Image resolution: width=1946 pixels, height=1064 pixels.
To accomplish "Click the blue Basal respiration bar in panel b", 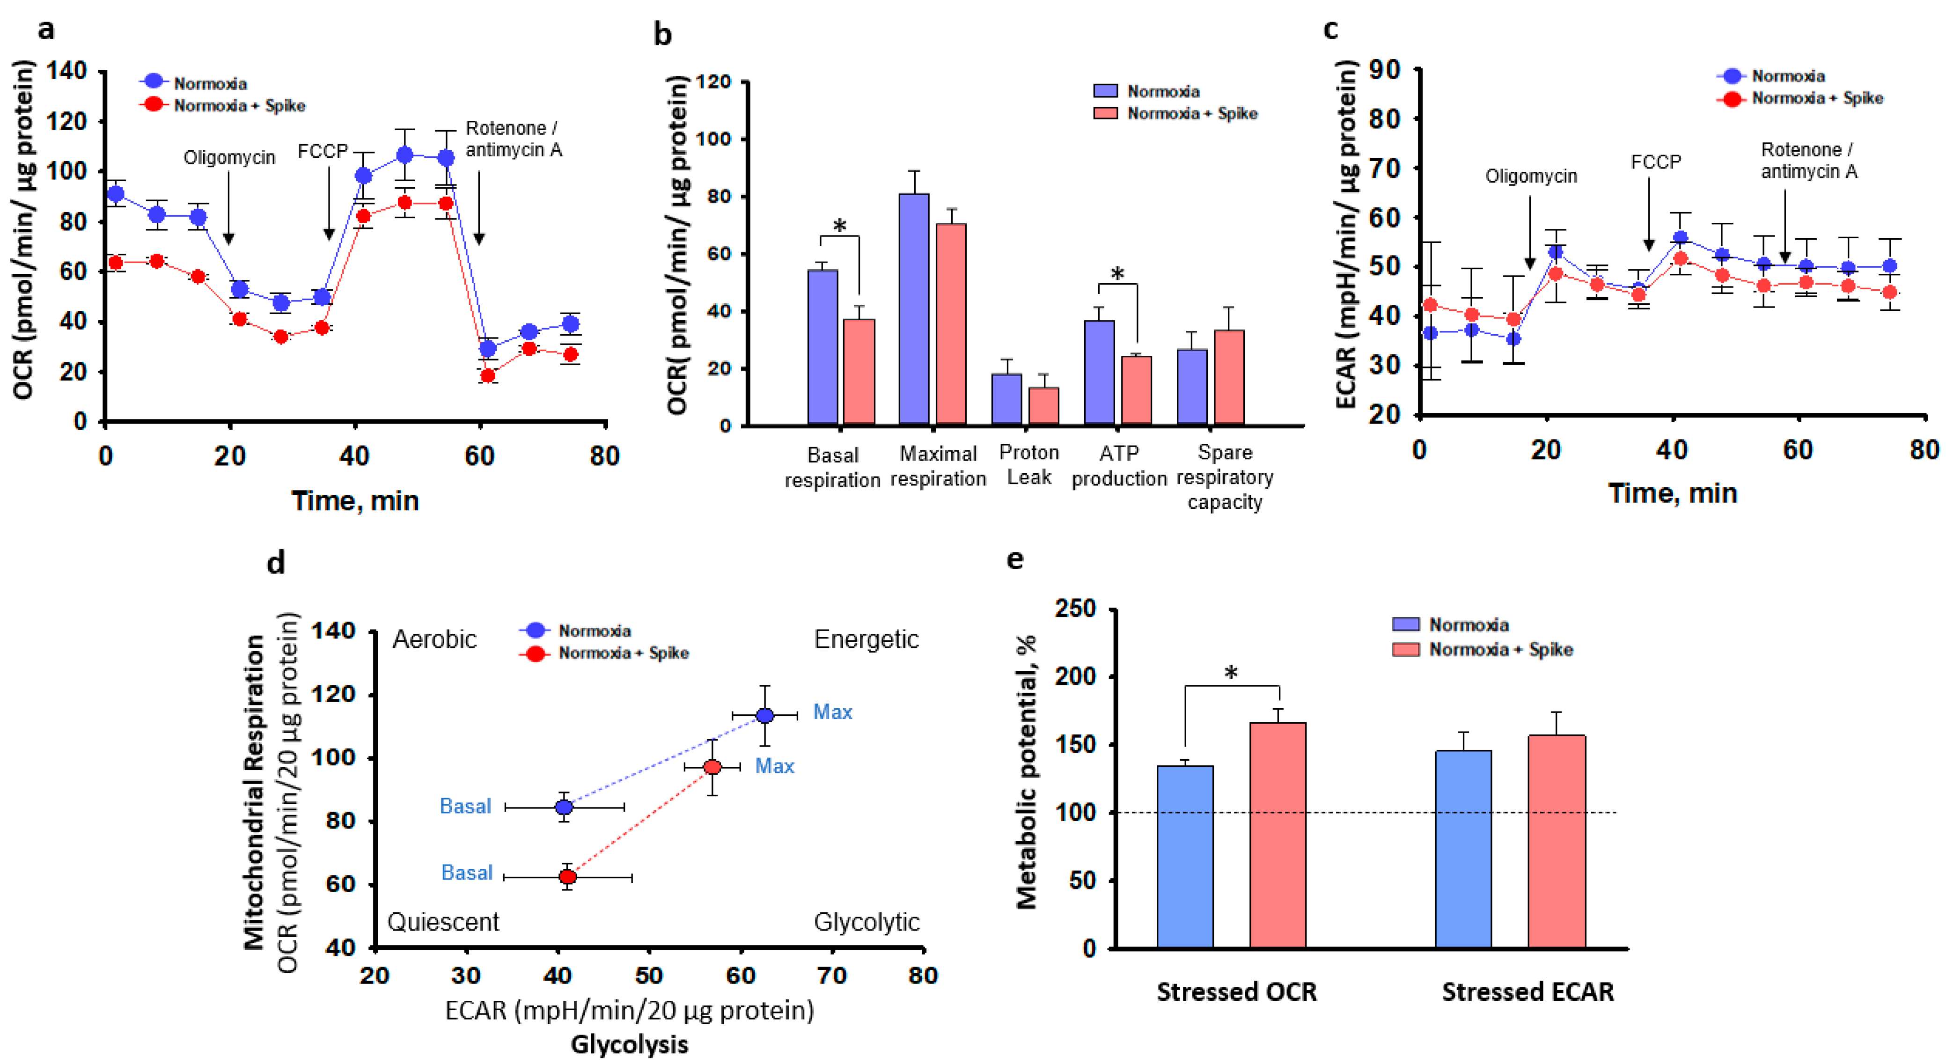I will pyautogui.click(x=822, y=347).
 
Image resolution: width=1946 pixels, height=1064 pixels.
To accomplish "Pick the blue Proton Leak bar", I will pyautogui.click(x=1006, y=399).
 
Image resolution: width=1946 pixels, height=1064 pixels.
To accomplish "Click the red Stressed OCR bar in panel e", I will pyautogui.click(x=1278, y=835).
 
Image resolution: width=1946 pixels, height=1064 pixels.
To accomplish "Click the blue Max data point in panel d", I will pyautogui.click(x=764, y=715).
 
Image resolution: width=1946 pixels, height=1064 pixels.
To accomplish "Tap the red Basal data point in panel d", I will pyautogui.click(x=567, y=877).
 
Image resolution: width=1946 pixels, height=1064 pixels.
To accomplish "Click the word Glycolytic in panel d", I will pyautogui.click(x=867, y=922).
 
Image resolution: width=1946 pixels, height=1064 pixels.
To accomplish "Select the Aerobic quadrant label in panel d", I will pyautogui.click(x=434, y=639).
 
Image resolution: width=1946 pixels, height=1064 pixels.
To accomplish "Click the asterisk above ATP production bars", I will pyautogui.click(x=1117, y=273).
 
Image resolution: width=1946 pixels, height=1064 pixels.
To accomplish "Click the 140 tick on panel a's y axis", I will pyautogui.click(x=67, y=71).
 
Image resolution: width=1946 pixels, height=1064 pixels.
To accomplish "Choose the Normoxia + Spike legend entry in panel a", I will pyautogui.click(x=239, y=105).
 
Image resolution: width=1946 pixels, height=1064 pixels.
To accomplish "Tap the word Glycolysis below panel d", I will pyautogui.click(x=629, y=1044).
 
